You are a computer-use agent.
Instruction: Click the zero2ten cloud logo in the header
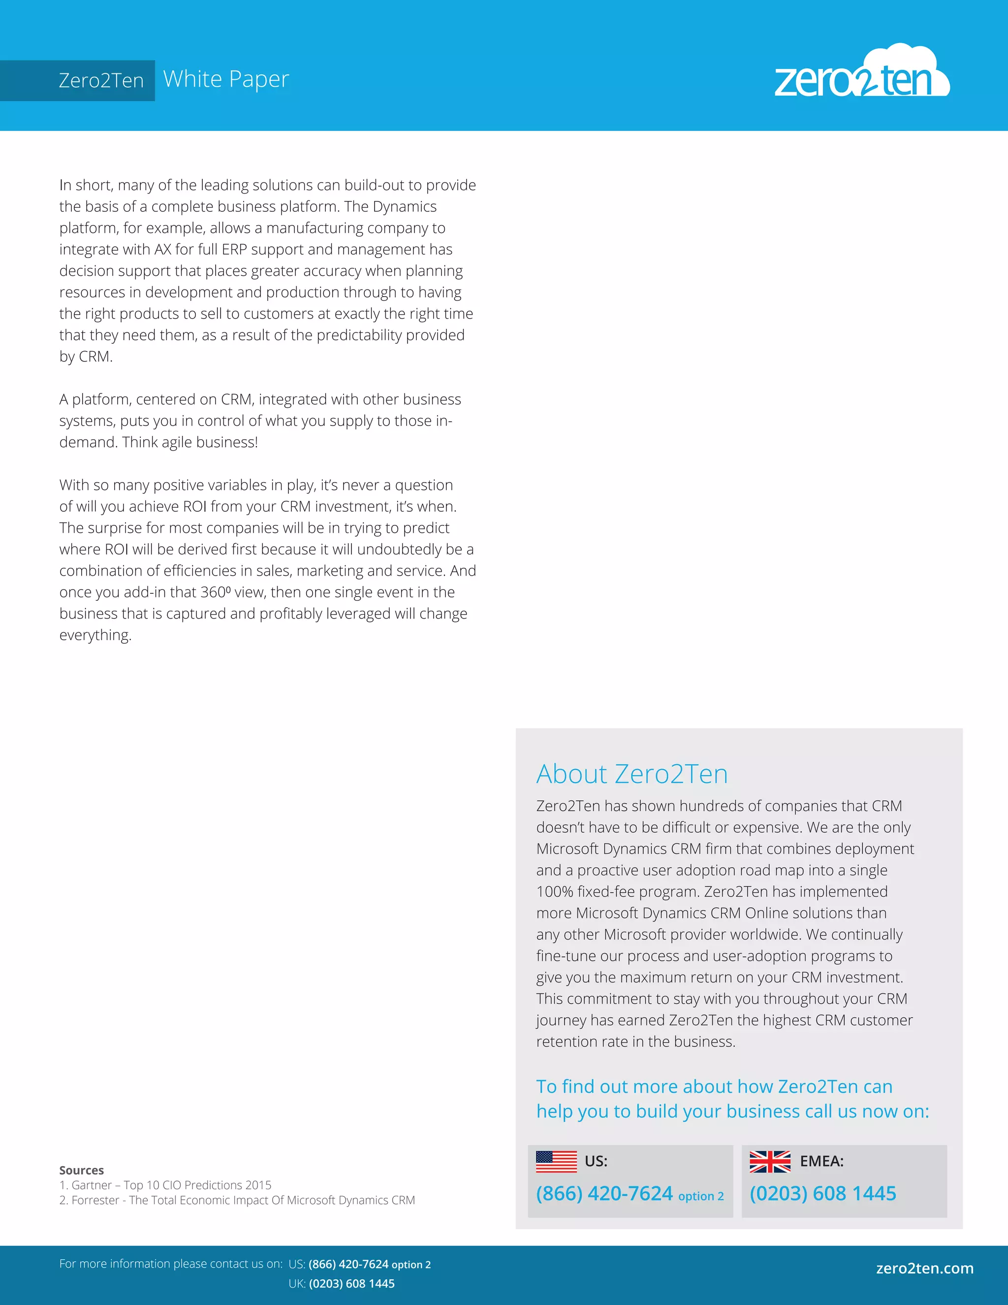pos(861,73)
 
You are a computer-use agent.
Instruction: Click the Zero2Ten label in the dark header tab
pos(101,80)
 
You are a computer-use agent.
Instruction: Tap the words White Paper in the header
pos(226,79)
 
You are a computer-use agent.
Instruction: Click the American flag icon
pos(556,1161)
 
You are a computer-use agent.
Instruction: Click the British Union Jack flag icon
pos(770,1161)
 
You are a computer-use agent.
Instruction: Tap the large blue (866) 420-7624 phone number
pos(604,1193)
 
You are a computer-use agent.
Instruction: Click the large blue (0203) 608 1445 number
pos(822,1193)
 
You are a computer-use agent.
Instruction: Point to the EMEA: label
pos(821,1161)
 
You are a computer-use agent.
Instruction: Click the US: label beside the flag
pos(596,1161)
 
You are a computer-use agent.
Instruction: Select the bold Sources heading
pos(81,1170)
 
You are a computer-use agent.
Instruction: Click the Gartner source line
pos(165,1185)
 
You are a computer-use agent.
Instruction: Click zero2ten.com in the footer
pos(924,1268)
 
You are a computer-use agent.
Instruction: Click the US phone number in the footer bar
pos(369,1264)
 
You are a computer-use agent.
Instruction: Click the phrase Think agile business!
pos(190,442)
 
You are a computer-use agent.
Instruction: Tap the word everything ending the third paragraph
pos(94,635)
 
